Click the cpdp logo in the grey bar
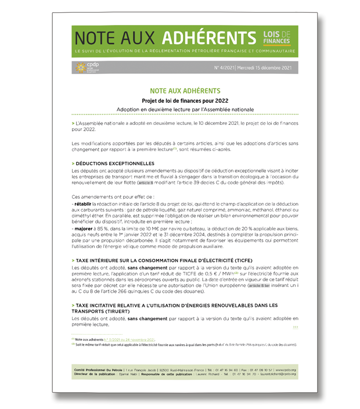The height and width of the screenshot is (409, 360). (87, 68)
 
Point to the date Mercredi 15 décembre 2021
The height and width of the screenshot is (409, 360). (267, 69)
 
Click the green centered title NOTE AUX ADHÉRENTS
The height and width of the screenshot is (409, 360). (185, 91)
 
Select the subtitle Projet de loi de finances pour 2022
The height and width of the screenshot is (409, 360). (185, 101)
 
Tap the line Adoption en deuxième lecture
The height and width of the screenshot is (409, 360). (185, 109)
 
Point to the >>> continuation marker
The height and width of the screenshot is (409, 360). (295, 328)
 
